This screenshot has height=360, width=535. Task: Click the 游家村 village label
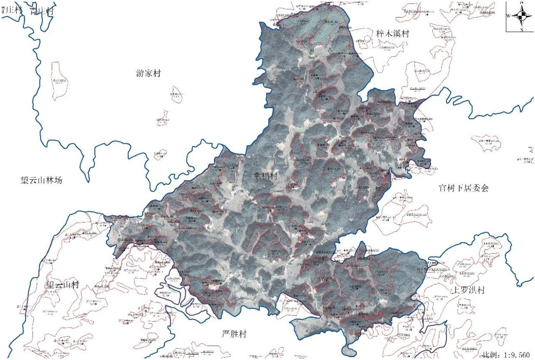coord(148,74)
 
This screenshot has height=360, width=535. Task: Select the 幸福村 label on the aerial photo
coord(265,176)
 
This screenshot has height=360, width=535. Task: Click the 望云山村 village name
coord(62,286)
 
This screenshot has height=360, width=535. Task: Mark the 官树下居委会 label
coord(463,188)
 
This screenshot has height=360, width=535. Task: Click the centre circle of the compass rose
coord(521,16)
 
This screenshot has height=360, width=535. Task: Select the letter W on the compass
coord(508,16)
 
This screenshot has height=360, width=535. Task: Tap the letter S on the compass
coord(522,29)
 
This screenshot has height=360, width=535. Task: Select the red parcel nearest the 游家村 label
coord(177,94)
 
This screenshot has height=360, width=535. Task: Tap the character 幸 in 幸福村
coord(257,176)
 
